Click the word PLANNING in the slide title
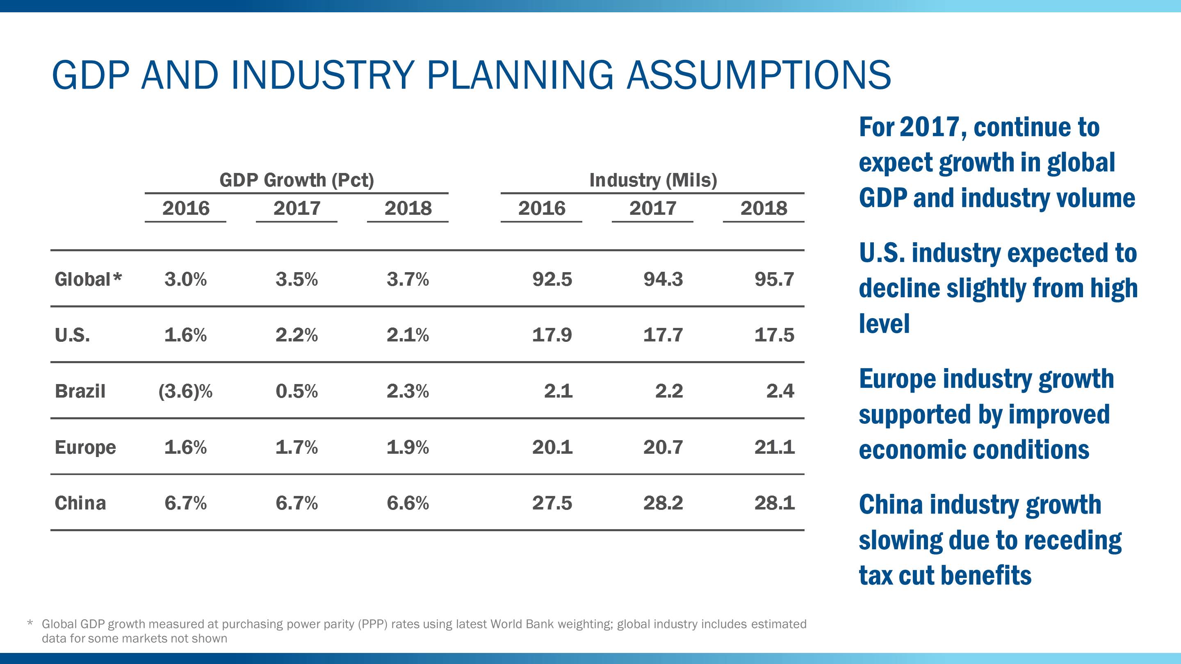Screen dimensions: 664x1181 click(520, 75)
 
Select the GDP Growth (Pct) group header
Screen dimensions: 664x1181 click(296, 180)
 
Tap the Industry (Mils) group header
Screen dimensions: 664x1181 click(653, 180)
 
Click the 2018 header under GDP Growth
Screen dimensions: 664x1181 click(408, 209)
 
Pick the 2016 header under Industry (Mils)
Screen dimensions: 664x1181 click(541, 209)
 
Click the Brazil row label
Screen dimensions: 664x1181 click(80, 391)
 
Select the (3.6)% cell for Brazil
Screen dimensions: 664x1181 click(185, 391)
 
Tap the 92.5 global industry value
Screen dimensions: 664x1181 click(552, 279)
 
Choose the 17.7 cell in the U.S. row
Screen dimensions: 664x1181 click(663, 335)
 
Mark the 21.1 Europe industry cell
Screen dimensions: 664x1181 click(774, 447)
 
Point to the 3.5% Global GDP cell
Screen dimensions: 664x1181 click(296, 279)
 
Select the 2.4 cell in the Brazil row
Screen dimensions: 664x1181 click(780, 391)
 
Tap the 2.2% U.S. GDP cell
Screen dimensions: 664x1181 click(296, 335)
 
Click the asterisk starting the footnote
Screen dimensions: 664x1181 click(30, 624)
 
